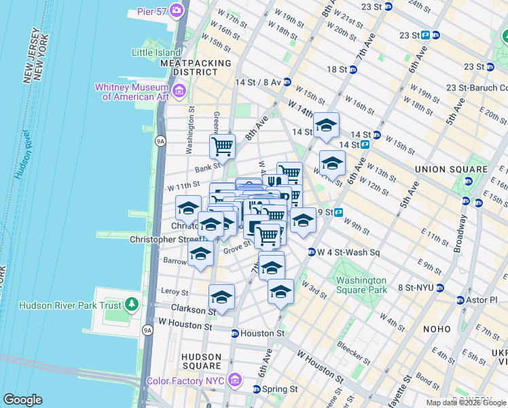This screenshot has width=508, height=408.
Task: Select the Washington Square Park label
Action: [361, 285]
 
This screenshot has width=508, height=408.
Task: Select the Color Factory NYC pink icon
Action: [236, 379]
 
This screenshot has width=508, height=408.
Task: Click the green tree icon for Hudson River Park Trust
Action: [132, 305]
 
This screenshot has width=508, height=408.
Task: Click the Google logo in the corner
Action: [22, 400]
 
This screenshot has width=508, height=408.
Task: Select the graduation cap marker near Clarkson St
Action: [221, 297]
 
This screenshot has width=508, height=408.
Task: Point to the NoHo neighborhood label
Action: [432, 328]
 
